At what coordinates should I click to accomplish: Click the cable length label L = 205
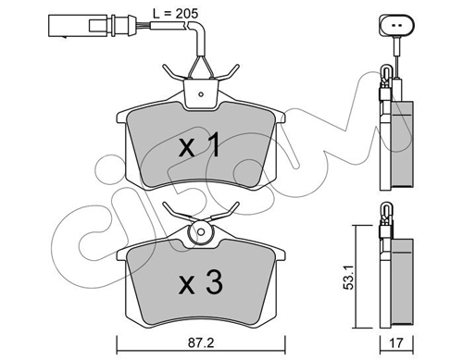175,13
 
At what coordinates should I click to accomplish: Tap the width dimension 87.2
201,343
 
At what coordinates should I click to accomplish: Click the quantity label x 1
199,144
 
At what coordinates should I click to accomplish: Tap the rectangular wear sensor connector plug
92,26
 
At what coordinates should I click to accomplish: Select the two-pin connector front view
396,25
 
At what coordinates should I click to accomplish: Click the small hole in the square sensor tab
201,94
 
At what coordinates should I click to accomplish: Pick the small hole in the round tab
201,231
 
